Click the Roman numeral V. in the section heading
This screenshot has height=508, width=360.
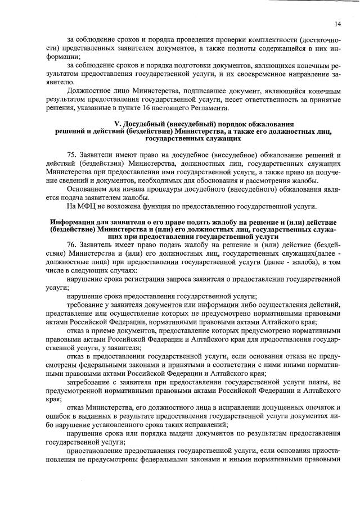117,124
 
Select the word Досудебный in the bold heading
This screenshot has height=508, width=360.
145,124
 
